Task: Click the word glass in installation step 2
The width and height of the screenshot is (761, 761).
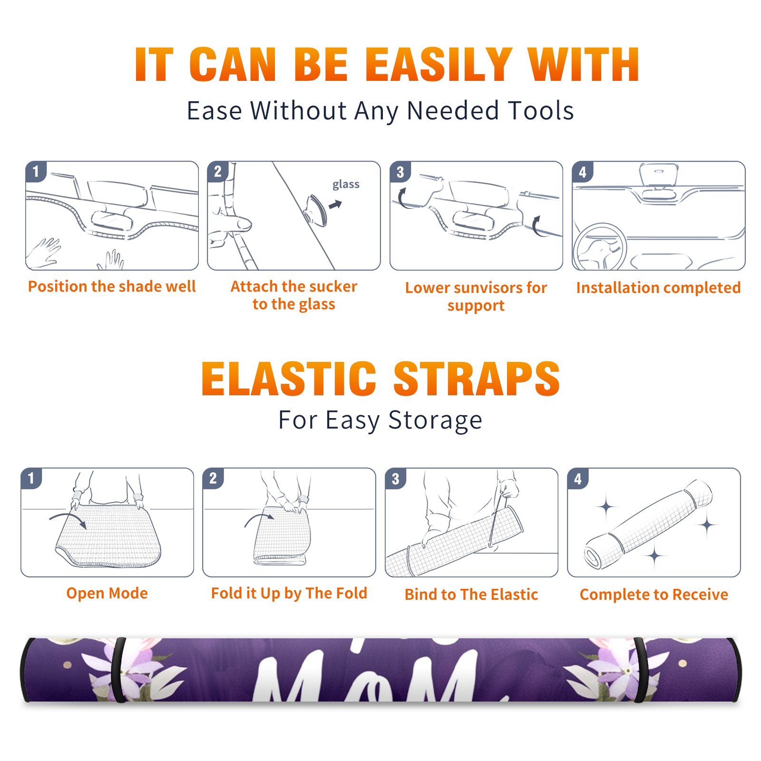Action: (x=346, y=185)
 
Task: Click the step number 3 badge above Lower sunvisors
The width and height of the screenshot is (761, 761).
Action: (x=400, y=172)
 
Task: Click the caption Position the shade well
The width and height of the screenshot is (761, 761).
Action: (x=112, y=286)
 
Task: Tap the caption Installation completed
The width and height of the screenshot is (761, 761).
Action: (x=658, y=288)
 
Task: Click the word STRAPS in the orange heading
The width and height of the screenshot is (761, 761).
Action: (x=477, y=379)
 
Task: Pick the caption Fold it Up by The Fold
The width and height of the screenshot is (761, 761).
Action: (x=289, y=594)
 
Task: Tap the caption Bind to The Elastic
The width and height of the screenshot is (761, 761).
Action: (x=471, y=595)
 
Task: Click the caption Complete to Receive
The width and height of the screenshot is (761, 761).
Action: (x=654, y=595)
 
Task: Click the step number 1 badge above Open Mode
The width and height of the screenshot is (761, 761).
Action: (x=31, y=478)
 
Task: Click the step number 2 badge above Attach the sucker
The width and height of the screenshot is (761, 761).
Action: (x=218, y=172)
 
